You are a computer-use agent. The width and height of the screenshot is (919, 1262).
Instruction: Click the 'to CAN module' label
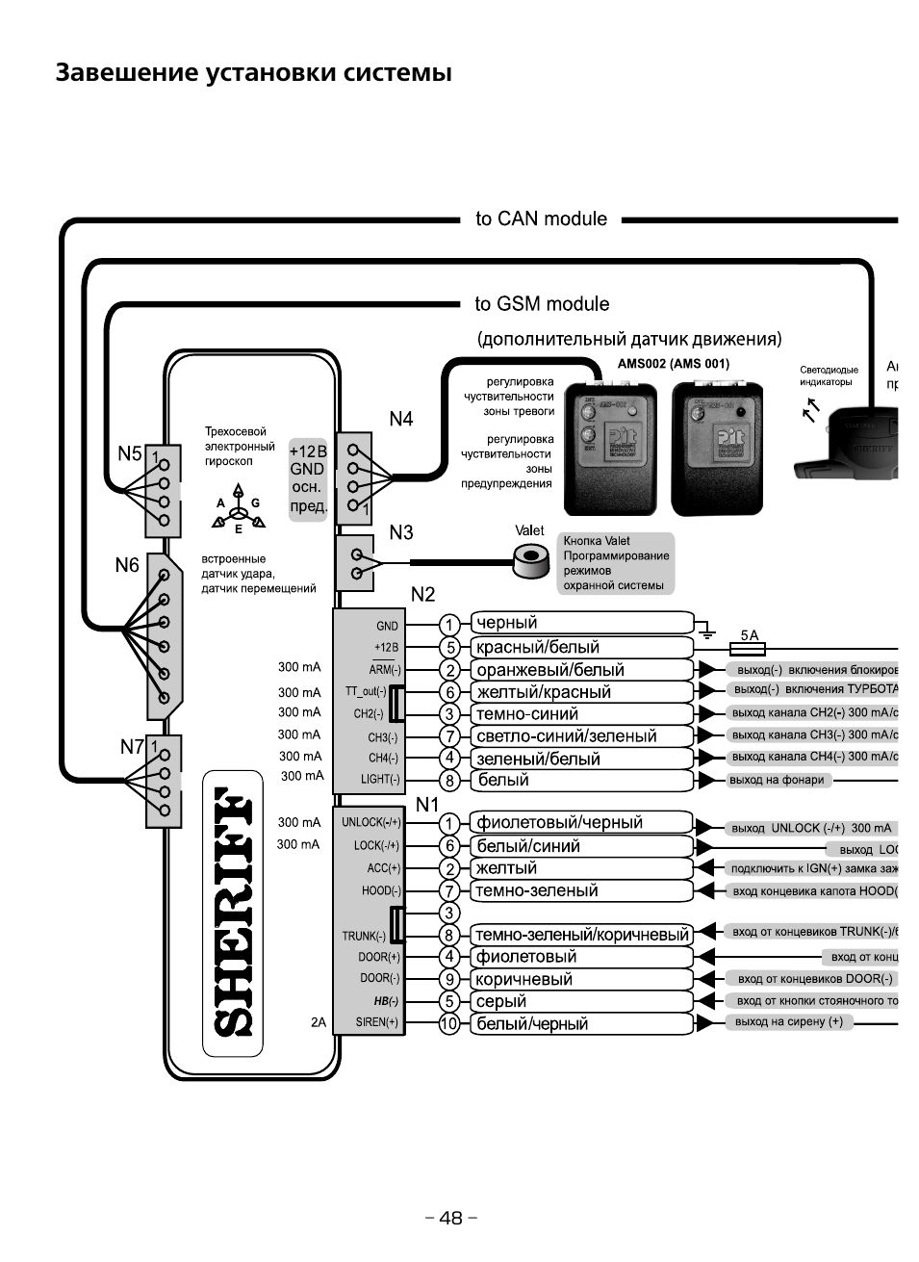pos(541,219)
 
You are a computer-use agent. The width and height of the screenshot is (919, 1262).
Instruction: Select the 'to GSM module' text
pos(542,304)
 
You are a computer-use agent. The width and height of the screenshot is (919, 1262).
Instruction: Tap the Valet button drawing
pos(527,560)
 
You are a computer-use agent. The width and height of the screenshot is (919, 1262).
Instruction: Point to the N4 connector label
pos(400,419)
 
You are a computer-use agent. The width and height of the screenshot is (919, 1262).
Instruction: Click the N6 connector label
pos(127,565)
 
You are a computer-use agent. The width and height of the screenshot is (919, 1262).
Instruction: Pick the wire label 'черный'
pos(507,623)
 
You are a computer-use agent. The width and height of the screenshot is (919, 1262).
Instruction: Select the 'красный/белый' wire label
pos(538,647)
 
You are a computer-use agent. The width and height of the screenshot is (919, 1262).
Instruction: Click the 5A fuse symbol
pos(751,651)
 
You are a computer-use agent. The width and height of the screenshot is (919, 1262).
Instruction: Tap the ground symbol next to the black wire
pos(707,631)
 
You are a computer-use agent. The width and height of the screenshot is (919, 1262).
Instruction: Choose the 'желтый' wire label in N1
pos(506,868)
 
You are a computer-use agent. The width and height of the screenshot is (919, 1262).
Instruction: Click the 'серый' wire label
pos(501,1001)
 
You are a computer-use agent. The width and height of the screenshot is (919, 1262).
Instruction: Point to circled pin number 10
pos(449,1024)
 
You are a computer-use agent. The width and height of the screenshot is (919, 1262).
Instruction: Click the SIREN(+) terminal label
pos(377,1022)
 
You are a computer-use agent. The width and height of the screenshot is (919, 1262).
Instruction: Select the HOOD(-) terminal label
pos(381,891)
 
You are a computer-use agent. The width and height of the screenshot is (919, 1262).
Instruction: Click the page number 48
pos(451,1218)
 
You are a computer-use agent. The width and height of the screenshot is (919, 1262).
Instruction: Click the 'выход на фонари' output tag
pos(777,780)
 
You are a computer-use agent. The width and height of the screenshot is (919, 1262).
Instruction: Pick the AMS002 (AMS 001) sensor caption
pos(673,364)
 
